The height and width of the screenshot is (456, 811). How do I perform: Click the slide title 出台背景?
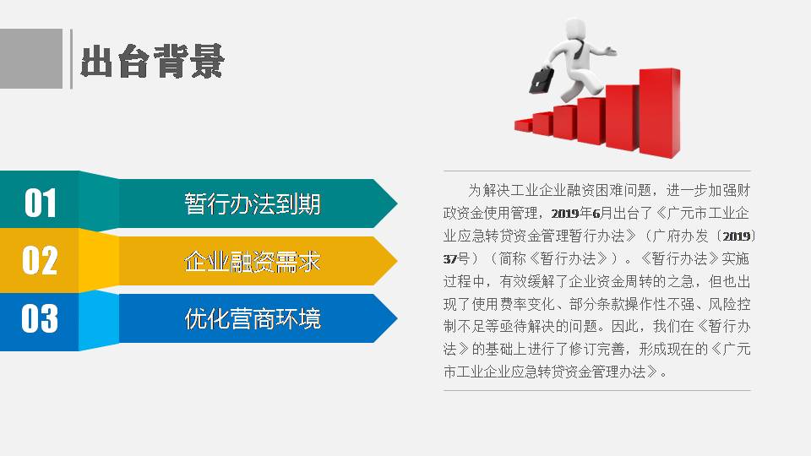click(153, 61)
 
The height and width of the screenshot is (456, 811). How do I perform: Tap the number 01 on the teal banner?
click(41, 203)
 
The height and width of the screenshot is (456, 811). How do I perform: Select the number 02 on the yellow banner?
click(40, 260)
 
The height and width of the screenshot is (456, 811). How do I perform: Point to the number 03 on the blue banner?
click(40, 318)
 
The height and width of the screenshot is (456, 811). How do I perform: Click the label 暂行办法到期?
click(253, 204)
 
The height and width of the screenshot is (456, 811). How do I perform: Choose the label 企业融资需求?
click(253, 261)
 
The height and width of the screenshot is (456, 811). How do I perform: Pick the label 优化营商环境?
click(253, 318)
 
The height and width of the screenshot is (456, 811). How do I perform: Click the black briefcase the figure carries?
click(542, 80)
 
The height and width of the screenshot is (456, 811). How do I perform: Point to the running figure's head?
click(574, 29)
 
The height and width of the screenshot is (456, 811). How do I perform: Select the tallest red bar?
click(660, 112)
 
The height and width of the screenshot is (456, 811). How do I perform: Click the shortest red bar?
click(523, 125)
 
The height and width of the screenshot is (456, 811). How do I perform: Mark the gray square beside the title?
click(31, 58)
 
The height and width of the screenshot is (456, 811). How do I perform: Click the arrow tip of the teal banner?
click(397, 204)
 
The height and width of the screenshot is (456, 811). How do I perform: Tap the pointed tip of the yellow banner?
click(397, 261)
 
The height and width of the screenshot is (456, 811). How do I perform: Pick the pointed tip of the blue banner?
click(397, 318)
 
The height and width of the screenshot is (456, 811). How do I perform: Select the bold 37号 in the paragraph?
click(456, 258)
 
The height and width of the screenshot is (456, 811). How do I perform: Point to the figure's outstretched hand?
click(612, 51)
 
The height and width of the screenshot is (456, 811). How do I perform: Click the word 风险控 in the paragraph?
click(729, 303)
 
